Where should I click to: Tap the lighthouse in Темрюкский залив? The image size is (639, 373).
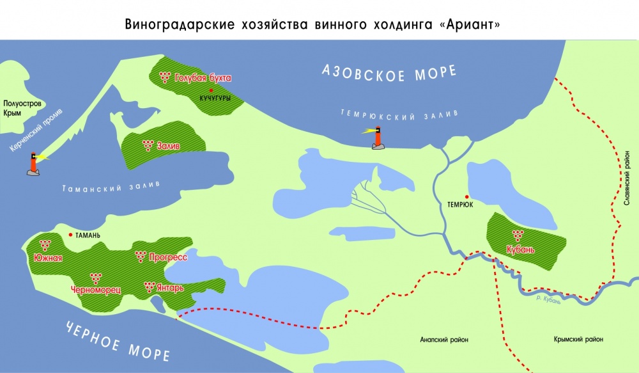click(x=378, y=138)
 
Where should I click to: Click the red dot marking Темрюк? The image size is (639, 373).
click(x=467, y=197)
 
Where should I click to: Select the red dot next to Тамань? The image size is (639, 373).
click(x=70, y=235)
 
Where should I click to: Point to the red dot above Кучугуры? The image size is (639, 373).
click(x=210, y=90)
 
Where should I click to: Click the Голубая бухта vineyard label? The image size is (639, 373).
click(x=203, y=78)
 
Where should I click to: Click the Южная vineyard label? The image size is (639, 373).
click(x=48, y=258)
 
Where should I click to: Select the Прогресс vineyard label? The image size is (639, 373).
click(x=167, y=258)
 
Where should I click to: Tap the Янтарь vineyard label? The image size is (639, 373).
click(x=170, y=288)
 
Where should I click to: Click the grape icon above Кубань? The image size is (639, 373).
click(x=518, y=235)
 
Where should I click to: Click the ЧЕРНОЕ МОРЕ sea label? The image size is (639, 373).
click(x=118, y=339)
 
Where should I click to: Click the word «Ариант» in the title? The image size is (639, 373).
click(x=474, y=25)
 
